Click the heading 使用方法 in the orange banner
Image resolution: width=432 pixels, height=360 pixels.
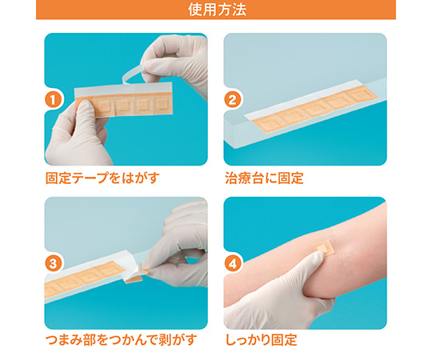pyautogui.click(x=217, y=10)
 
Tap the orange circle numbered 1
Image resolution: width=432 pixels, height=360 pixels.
pyautogui.click(x=53, y=100)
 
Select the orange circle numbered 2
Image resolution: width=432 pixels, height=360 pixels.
pyautogui.click(x=233, y=100)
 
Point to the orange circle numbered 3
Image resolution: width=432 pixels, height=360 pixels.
pyautogui.click(x=53, y=263)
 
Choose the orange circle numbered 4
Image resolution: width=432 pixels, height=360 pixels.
pyautogui.click(x=233, y=263)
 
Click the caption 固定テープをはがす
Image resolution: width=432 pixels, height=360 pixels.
pyautogui.click(x=102, y=178)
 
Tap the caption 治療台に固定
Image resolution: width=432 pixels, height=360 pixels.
pyautogui.click(x=264, y=178)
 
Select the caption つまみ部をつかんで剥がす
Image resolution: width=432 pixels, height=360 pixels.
pyautogui.click(x=122, y=340)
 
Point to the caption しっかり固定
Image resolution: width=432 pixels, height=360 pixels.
pyautogui.click(x=261, y=340)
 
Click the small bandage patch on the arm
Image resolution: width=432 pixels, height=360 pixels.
pyautogui.click(x=323, y=248)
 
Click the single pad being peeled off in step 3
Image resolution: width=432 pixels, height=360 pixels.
pyautogui.click(x=134, y=277)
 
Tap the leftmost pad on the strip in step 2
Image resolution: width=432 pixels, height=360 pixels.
pyautogui.click(x=267, y=124)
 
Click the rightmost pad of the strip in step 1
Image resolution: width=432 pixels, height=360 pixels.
pyautogui.click(x=162, y=105)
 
